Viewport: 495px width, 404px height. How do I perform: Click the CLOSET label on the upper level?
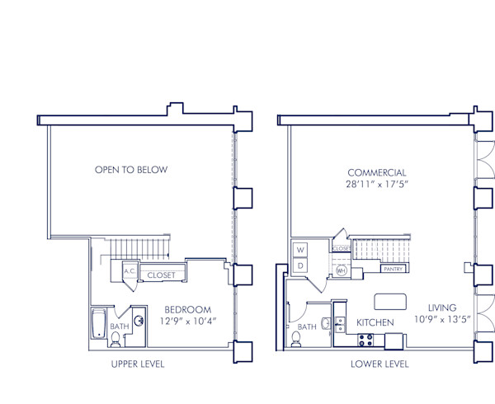pyautogui.click(x=161, y=275)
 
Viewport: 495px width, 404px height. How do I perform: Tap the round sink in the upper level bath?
pyautogui.click(x=139, y=322)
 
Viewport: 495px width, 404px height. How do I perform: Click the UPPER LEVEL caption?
pyautogui.click(x=137, y=364)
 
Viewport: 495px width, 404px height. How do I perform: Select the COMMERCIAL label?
pyautogui.click(x=376, y=172)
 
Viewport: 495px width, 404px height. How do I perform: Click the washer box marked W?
pyautogui.click(x=300, y=249)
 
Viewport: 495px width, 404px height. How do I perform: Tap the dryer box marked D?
pyautogui.click(x=300, y=265)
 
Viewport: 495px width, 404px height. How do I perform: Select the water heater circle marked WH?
pyautogui.click(x=342, y=270)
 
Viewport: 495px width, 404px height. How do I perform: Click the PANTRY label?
pyautogui.click(x=392, y=269)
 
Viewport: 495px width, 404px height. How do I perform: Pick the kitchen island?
pyautogui.click(x=391, y=300)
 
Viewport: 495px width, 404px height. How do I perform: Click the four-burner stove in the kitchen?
pyautogui.click(x=365, y=340)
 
